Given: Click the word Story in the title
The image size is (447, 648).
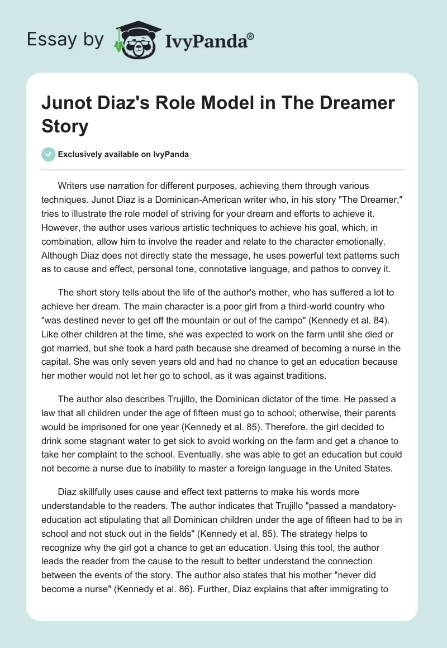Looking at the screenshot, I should (65, 126).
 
